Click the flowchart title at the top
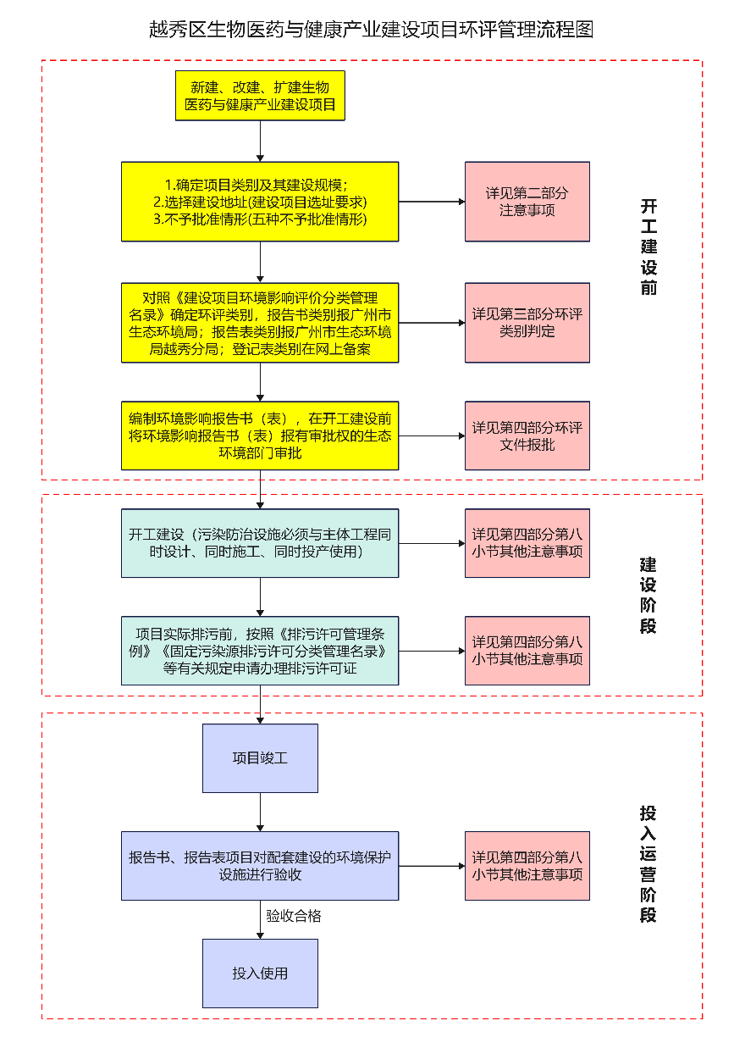click(x=372, y=30)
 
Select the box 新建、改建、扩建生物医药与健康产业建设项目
click(x=260, y=96)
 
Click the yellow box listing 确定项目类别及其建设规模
click(x=260, y=202)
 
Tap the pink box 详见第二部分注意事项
click(x=527, y=202)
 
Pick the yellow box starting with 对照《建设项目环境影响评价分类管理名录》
click(x=260, y=323)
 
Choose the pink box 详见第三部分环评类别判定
click(x=527, y=323)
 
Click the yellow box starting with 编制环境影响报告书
click(x=260, y=435)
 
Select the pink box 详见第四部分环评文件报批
click(x=527, y=435)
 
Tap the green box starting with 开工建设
click(x=260, y=543)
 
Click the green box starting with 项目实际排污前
click(x=260, y=651)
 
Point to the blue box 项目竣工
click(x=260, y=758)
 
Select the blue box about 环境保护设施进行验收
click(x=260, y=866)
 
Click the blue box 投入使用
click(x=260, y=974)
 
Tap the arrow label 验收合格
click(x=294, y=916)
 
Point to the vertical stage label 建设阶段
click(x=648, y=596)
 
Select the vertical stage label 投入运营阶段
click(x=648, y=864)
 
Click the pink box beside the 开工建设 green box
click(x=527, y=543)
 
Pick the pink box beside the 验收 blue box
click(x=527, y=866)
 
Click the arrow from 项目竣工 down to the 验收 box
click(x=260, y=812)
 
